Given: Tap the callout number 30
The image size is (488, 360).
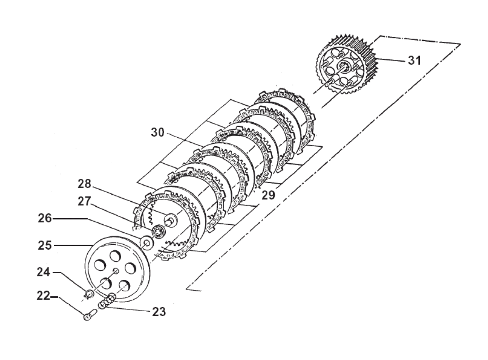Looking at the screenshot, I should [x=157, y=133].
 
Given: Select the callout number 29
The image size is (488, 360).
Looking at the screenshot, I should [x=269, y=195].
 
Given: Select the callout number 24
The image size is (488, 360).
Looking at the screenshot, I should [x=43, y=272].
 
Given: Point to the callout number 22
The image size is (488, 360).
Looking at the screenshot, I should [x=43, y=296].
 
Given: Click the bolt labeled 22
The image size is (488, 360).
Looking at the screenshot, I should [x=88, y=317].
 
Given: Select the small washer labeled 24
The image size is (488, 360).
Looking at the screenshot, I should [x=88, y=294].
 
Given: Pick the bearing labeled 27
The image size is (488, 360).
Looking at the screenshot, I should [x=157, y=232].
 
